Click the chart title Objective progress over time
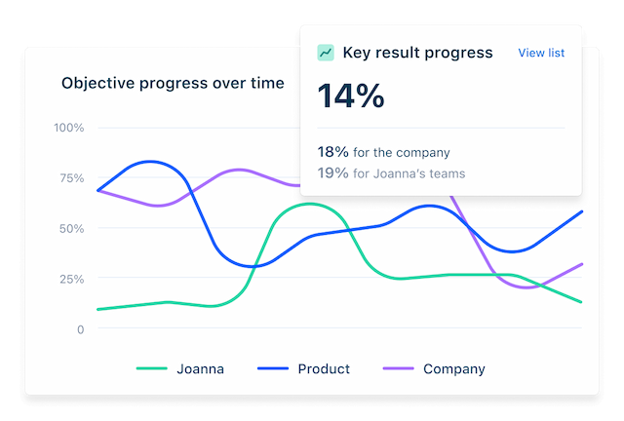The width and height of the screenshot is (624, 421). (x=173, y=83)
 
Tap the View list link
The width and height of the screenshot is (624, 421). (x=541, y=53)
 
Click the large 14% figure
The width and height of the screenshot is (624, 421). (x=351, y=96)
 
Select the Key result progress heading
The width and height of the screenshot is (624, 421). (x=417, y=53)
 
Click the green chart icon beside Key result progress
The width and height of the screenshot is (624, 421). (x=326, y=53)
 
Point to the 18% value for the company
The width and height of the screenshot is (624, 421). (x=332, y=152)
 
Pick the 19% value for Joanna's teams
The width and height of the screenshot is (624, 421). (x=332, y=173)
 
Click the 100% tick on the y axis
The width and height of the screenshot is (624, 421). (x=69, y=128)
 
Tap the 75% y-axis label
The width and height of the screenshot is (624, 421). (x=71, y=178)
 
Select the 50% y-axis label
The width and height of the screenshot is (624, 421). (x=71, y=228)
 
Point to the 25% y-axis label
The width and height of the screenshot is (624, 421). (x=71, y=279)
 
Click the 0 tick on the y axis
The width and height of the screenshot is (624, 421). (x=81, y=329)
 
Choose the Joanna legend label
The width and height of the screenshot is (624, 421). (x=200, y=369)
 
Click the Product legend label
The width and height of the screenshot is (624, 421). (x=324, y=369)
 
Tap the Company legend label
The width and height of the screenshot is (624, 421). (x=453, y=369)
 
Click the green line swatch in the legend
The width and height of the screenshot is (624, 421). (x=151, y=369)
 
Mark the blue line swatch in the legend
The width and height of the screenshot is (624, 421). (x=272, y=369)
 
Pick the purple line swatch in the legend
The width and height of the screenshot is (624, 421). (x=398, y=369)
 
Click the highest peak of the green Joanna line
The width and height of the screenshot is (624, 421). (x=308, y=204)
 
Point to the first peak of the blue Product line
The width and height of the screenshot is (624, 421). (x=151, y=161)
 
